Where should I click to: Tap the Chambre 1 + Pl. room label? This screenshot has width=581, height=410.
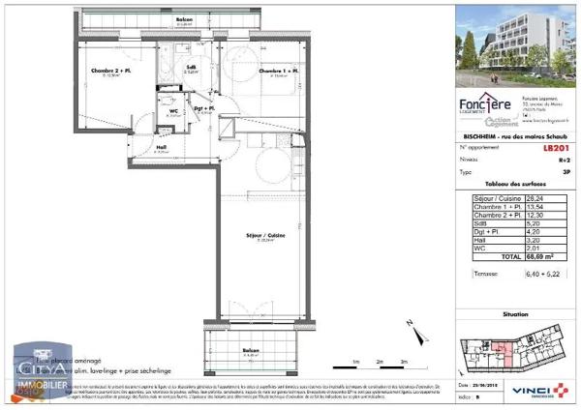click(x=278, y=72)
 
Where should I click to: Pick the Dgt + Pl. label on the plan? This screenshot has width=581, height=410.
click(x=204, y=109)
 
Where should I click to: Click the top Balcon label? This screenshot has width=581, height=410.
click(x=183, y=18)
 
